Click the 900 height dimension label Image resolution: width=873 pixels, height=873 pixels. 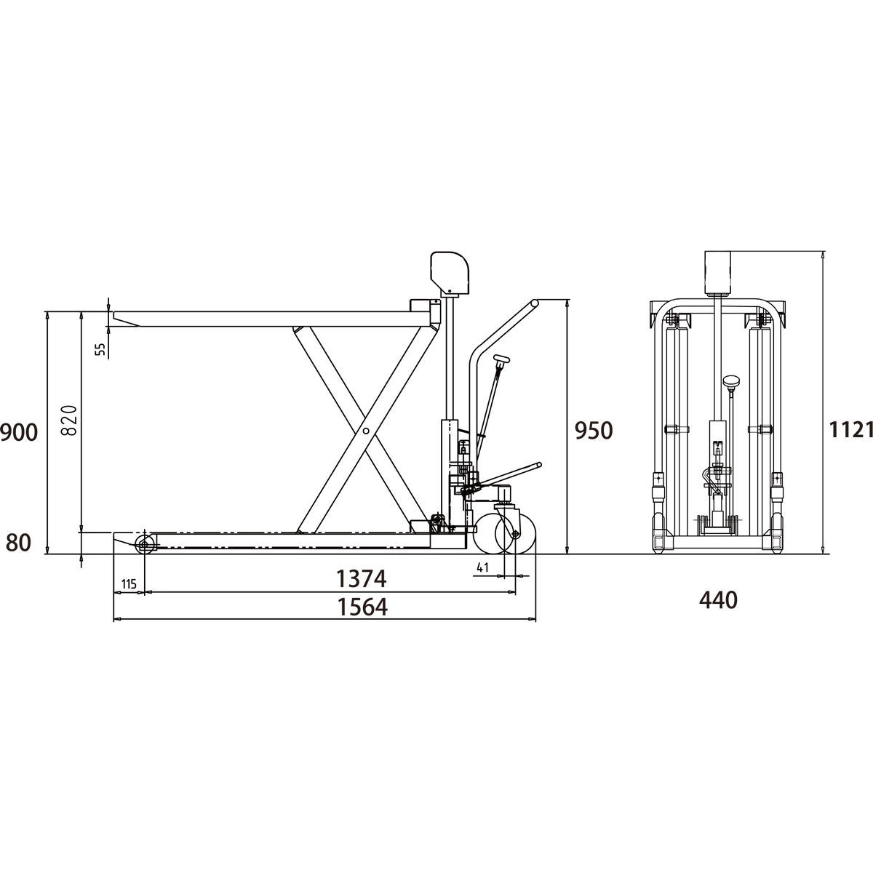click(19, 433)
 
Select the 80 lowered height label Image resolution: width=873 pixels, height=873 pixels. click(19, 543)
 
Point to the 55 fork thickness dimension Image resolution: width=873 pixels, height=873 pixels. click(100, 348)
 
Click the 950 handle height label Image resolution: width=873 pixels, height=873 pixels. click(594, 431)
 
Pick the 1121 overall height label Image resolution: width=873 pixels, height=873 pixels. click(850, 430)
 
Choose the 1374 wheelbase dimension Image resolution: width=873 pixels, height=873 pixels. click(361, 578)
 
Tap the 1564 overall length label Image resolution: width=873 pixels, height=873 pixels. click(362, 607)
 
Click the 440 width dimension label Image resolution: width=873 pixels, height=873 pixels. click(719, 601)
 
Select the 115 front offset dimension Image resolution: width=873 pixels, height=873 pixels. click(129, 584)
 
